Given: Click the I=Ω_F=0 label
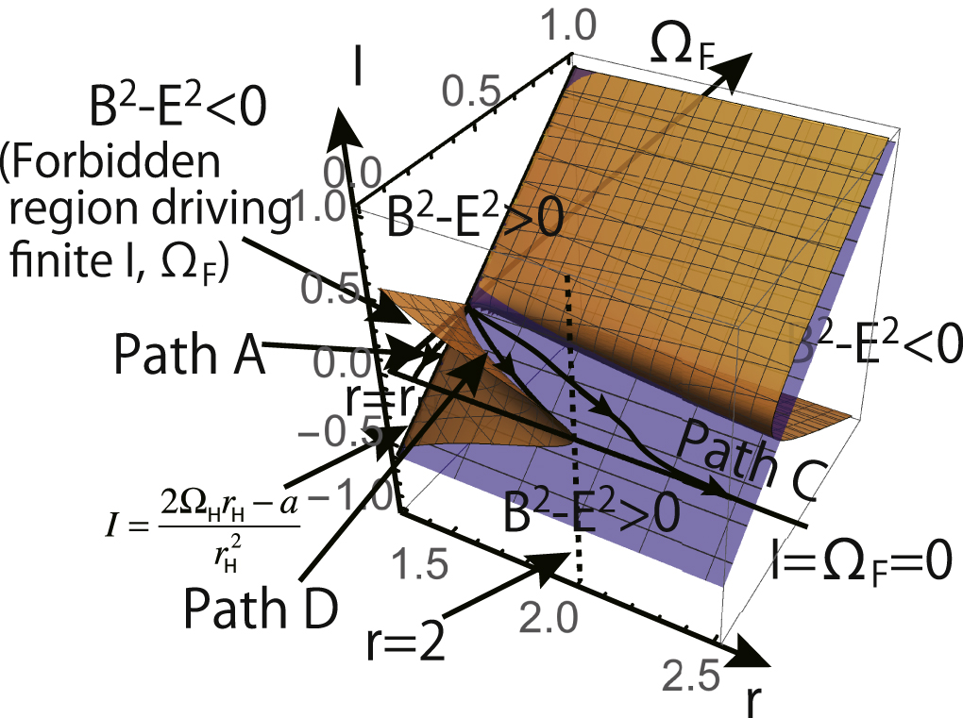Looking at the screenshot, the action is (x=853, y=563).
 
